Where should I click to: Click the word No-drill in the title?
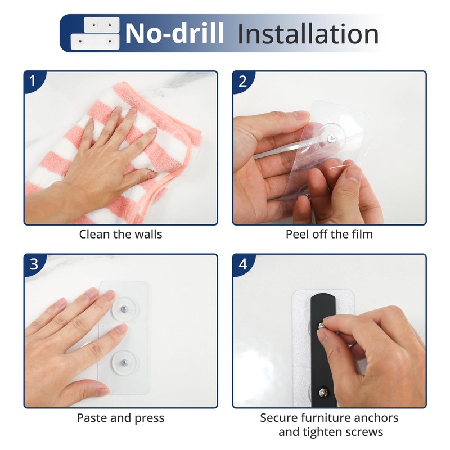pos(174,33)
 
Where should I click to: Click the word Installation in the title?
pos(308,34)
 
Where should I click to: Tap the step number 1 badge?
pos(33,80)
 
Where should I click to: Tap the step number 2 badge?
pos(242,81)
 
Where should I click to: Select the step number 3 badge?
pos(34,264)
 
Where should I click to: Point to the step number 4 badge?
pos(243,264)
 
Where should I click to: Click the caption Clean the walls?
pos(120,234)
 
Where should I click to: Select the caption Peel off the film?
pos(329,234)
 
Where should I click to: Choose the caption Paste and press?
pos(120,418)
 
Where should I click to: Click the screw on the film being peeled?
pos(331,138)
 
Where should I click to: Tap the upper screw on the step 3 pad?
pos(124,309)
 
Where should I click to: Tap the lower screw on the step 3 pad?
pos(124,363)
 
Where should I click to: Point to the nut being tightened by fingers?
pos(322,326)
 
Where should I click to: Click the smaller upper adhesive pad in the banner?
pos(102,25)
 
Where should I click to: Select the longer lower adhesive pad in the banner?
pos(95,42)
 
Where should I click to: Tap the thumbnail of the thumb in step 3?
pos(102,390)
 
